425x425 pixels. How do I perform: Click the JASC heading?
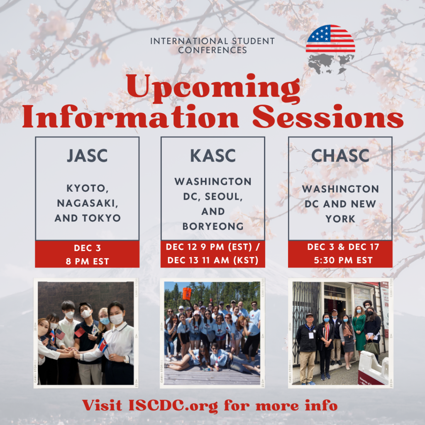click(x=87, y=156)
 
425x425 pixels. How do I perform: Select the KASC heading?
click(x=213, y=156)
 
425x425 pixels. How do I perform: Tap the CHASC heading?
click(x=340, y=156)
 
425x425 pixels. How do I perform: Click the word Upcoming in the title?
click(x=213, y=88)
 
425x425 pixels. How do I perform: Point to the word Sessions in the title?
click(x=328, y=117)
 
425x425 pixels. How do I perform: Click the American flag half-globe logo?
click(x=330, y=39)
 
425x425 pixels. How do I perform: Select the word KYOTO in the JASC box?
click(x=88, y=188)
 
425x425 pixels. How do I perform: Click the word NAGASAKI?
click(x=88, y=203)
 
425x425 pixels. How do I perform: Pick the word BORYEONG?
click(x=213, y=226)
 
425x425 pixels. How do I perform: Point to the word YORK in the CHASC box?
click(x=340, y=219)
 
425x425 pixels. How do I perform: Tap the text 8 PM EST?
click(x=87, y=261)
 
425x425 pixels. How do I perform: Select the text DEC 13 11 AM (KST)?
click(x=213, y=260)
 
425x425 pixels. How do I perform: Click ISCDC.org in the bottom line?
click(x=173, y=406)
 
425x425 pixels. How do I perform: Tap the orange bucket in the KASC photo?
click(x=187, y=294)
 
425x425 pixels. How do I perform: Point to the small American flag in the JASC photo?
click(x=60, y=334)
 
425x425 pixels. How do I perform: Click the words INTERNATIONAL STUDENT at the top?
click(x=212, y=41)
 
